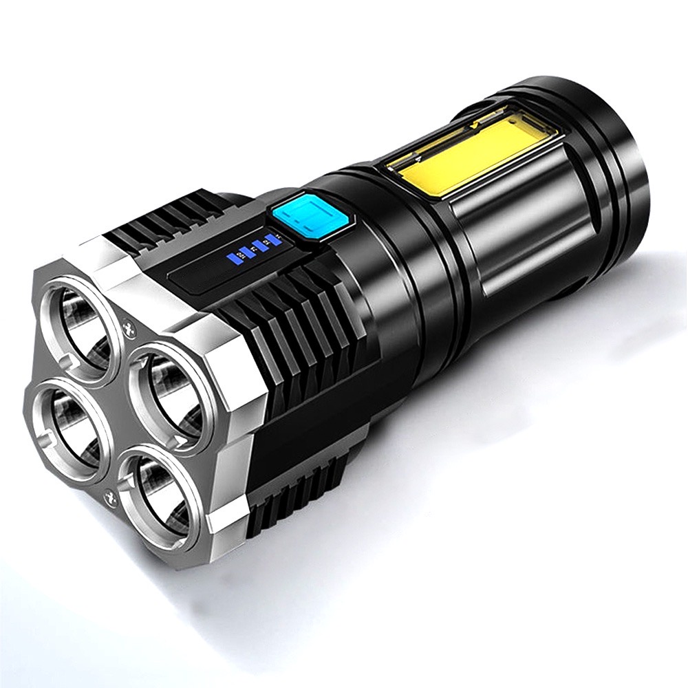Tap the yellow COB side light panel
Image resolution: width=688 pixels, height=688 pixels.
click(460, 152)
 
